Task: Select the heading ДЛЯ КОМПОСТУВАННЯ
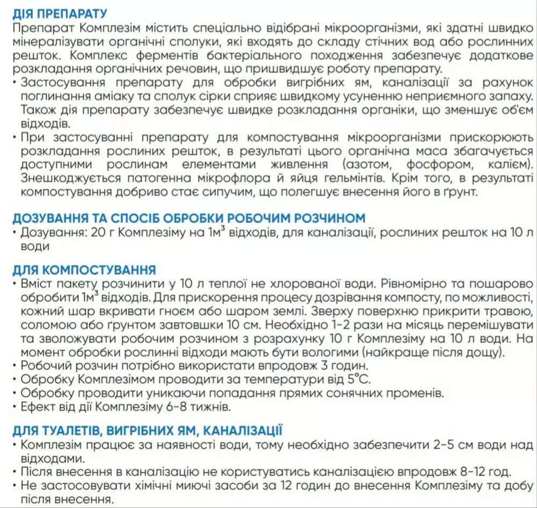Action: (x=84, y=269)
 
